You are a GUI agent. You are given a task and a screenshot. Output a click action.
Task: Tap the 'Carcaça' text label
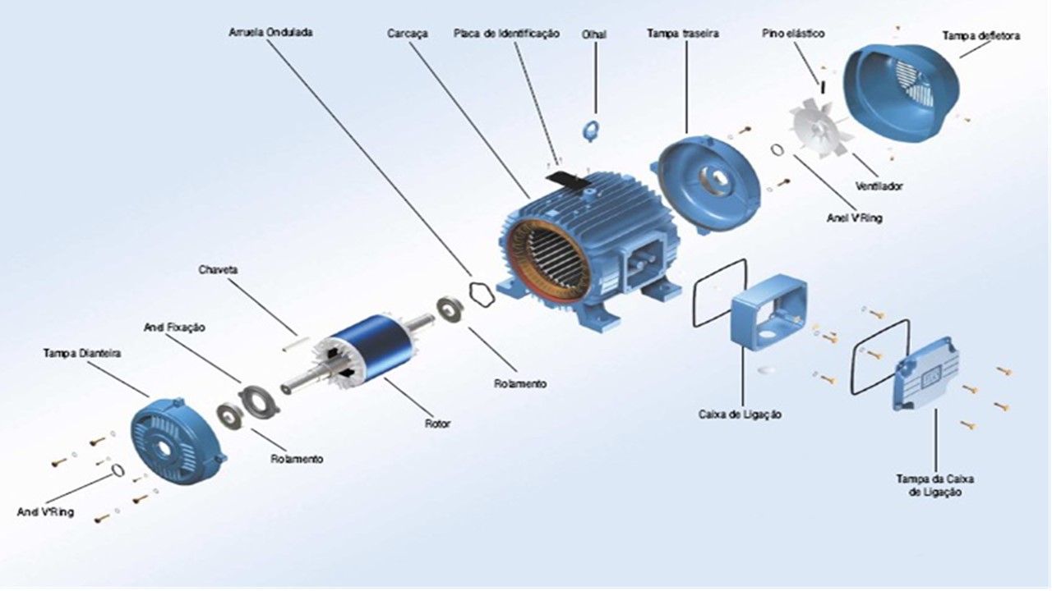click(x=406, y=34)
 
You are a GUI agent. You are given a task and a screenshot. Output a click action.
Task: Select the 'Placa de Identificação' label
click(x=506, y=34)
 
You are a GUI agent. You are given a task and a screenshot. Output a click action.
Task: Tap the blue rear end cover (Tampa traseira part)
click(x=708, y=183)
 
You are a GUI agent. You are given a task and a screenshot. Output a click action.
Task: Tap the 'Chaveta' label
click(x=218, y=269)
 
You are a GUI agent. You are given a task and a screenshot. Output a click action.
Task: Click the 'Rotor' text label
click(x=437, y=424)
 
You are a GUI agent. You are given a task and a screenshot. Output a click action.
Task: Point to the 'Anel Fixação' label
click(x=174, y=327)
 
